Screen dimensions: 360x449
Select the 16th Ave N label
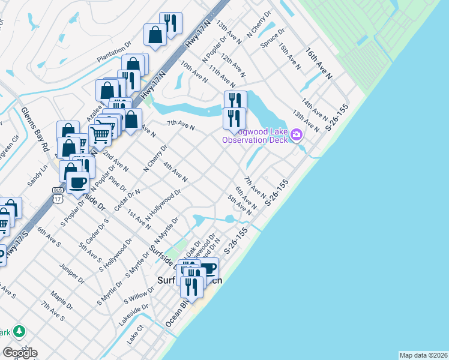point(319,64)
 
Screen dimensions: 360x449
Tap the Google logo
point(20,352)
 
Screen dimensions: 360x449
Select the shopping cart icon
point(100,134)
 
